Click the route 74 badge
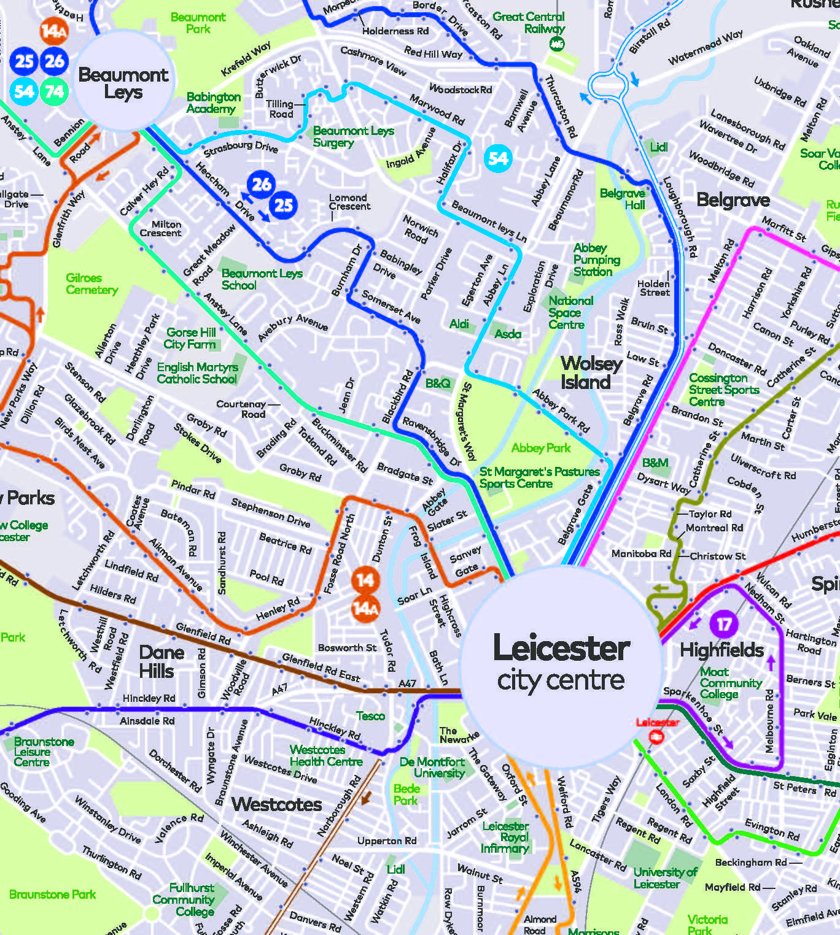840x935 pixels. (54, 92)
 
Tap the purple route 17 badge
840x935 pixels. (725, 625)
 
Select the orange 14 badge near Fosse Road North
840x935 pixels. (365, 580)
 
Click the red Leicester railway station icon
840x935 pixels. (656, 737)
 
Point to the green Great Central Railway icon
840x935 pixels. (557, 44)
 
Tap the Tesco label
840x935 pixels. (370, 716)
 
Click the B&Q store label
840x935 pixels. (438, 383)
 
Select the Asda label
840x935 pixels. (508, 334)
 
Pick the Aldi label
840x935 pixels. (459, 324)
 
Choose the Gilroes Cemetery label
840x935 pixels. (91, 284)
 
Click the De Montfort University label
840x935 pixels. (433, 767)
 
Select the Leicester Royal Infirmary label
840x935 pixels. (505, 837)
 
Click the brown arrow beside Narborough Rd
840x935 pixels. (367, 798)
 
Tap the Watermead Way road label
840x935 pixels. (705, 48)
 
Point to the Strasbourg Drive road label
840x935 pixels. (241, 147)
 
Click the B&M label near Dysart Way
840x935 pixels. (655, 463)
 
